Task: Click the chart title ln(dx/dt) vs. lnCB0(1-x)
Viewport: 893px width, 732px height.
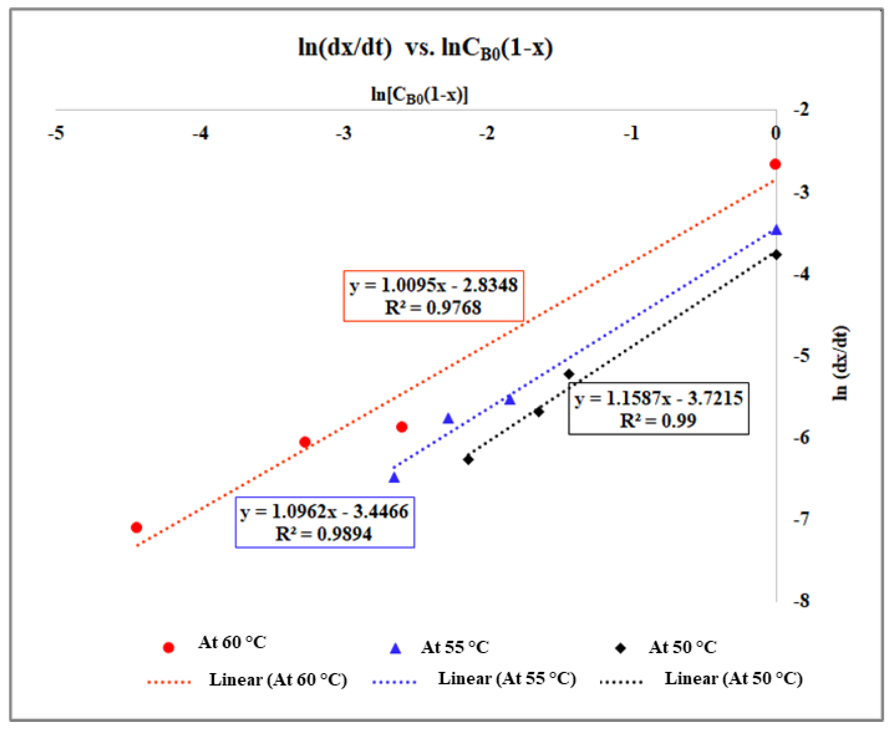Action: click(x=425, y=48)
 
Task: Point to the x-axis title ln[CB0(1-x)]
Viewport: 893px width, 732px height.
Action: click(x=419, y=95)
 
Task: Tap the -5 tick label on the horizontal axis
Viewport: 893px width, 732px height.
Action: click(x=56, y=133)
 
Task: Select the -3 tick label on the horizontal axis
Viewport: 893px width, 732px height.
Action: click(x=344, y=133)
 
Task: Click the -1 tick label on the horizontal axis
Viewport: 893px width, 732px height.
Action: click(x=631, y=133)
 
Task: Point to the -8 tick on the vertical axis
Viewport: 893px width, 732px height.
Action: click(x=801, y=600)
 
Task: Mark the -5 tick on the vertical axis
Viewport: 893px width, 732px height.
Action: click(x=801, y=355)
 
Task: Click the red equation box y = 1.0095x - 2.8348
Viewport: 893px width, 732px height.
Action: click(x=433, y=296)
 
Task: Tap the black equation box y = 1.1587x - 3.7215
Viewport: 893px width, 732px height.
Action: click(x=659, y=408)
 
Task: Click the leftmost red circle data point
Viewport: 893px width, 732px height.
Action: click(x=136, y=527)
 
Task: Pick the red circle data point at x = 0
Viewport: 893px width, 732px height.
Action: click(x=775, y=164)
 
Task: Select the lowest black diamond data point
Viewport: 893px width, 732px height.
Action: click(x=468, y=459)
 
